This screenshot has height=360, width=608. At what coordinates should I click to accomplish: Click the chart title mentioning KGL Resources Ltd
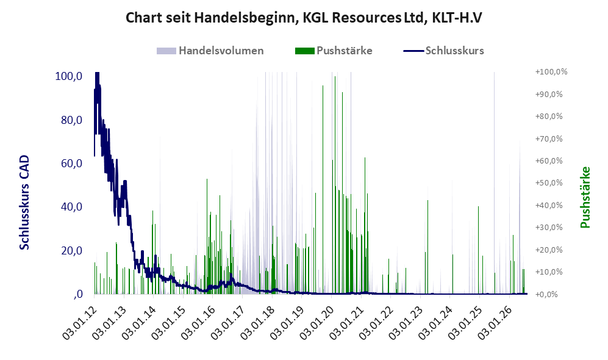point(304,18)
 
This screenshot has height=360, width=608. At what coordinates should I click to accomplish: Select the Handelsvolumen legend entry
point(210,51)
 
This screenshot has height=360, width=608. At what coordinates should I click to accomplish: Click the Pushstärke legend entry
point(334,51)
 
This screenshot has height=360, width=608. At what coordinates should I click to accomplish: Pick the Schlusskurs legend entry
point(443,51)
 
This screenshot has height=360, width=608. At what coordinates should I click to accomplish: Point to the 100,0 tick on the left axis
point(69,76)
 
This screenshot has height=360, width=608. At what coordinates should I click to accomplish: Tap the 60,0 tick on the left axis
point(71,164)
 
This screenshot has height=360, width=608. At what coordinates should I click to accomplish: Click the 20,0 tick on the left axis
point(71,251)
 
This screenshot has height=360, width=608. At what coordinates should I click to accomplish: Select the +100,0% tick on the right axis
point(551,72)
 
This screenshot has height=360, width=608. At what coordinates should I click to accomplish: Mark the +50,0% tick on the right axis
point(549,182)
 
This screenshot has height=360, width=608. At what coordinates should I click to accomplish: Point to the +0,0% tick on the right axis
point(547,294)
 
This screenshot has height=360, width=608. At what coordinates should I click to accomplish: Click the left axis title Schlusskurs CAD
point(24,202)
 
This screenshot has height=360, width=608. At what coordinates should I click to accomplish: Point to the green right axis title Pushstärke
point(585,197)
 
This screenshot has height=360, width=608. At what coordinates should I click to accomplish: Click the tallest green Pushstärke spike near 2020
point(335,185)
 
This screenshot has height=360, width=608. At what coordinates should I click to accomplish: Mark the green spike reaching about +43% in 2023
point(427,247)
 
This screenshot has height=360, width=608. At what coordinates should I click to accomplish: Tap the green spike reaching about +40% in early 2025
point(479,250)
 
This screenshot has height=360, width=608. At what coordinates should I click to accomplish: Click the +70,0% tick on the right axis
point(549,139)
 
